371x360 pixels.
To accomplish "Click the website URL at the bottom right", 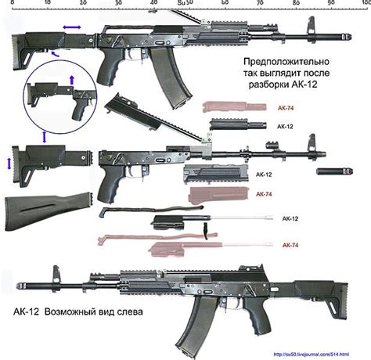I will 321,354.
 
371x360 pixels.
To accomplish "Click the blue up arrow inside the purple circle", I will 73,80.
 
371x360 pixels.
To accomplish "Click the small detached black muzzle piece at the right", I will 326,170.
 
